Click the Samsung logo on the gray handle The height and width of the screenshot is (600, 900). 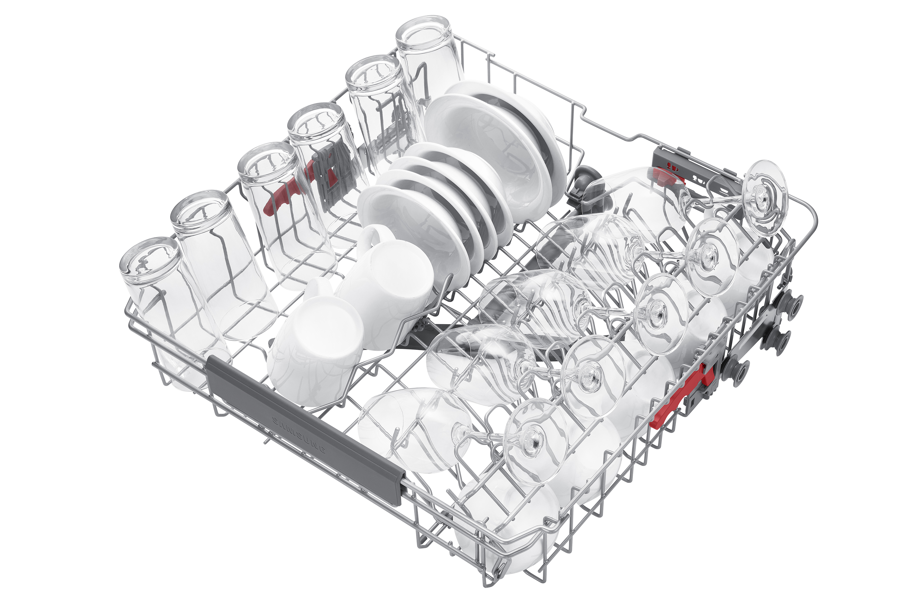pyautogui.click(x=299, y=435)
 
